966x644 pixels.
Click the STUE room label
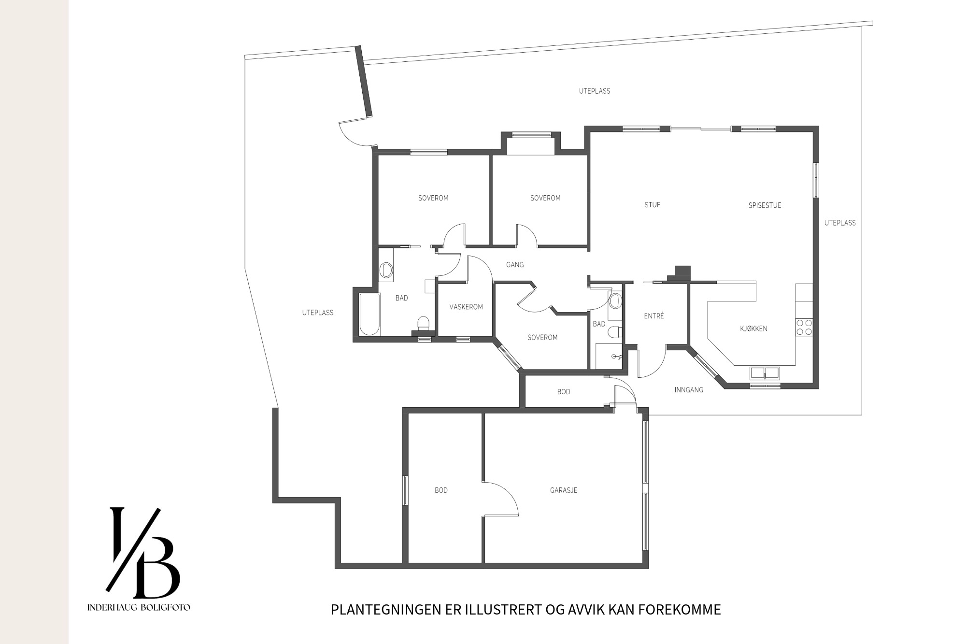click(652, 205)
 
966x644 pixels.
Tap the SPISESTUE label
click(765, 205)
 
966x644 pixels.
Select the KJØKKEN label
click(753, 329)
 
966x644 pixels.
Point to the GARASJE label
click(564, 490)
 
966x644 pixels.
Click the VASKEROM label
click(466, 307)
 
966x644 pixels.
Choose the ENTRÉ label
click(654, 316)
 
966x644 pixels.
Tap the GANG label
click(515, 265)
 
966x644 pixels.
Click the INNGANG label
click(689, 389)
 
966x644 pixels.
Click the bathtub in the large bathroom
click(369, 314)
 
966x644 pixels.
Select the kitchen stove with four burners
click(804, 327)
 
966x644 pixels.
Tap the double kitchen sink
click(765, 372)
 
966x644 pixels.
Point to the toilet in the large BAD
click(423, 323)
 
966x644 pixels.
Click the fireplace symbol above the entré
click(681, 273)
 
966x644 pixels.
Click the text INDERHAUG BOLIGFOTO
click(139, 607)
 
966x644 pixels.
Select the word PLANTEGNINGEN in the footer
click(386, 610)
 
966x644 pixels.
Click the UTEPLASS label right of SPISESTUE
click(840, 223)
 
